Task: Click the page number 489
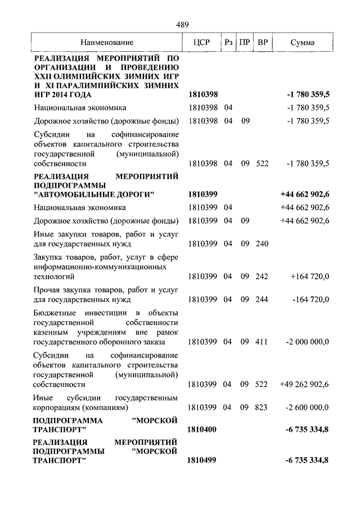point(182,24)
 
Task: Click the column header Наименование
point(107,42)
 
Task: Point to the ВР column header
point(262,42)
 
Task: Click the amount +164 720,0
point(310,277)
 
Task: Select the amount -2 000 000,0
point(308,341)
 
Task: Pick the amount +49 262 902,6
point(304,385)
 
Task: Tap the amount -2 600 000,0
point(308,407)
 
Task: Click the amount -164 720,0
point(311,299)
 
